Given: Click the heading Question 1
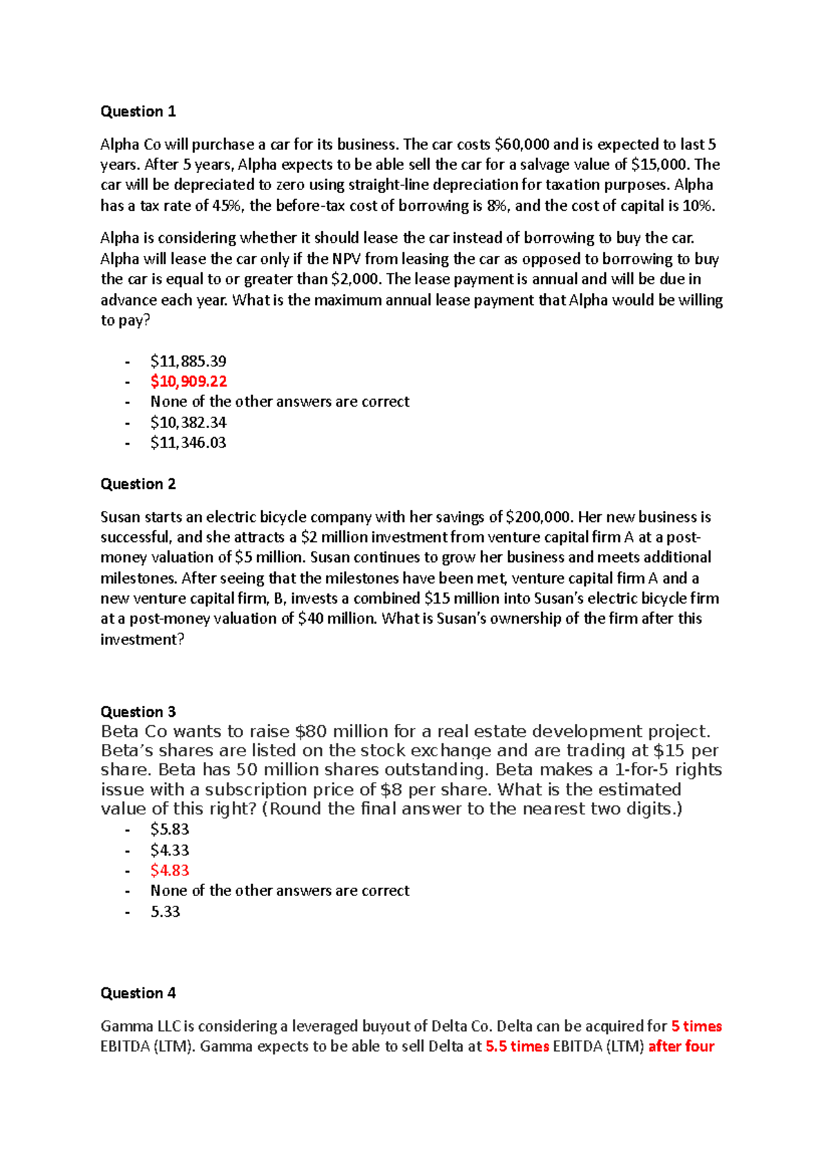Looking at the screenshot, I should pos(138,111).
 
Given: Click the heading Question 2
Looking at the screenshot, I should pos(138,484).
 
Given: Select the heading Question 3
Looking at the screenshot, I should pos(138,711).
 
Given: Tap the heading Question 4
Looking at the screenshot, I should pos(138,993).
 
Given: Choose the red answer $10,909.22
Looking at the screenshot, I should pos(189,381).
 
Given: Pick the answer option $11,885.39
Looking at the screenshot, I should pos(188,361).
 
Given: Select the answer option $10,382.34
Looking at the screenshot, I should pos(188,422).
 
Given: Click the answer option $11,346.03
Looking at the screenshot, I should pos(188,442).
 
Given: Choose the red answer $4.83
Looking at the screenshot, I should pos(169,870).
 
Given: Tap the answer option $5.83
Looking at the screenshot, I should pos(169,829).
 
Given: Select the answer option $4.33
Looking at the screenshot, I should pos(169,850).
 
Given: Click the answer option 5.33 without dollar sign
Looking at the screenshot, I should pos(165,911).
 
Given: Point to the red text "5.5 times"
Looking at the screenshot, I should pos(517,1046).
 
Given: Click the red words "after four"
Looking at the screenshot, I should pos(681,1046).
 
